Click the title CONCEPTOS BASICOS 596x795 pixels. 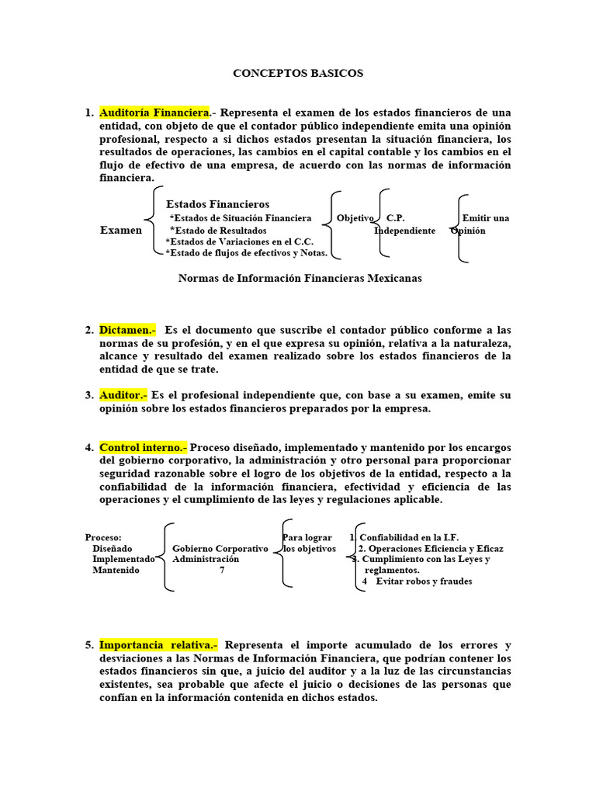(x=298, y=73)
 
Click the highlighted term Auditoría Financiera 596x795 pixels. (x=154, y=113)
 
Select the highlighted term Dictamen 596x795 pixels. (x=126, y=329)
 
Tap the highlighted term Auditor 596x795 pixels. (x=123, y=395)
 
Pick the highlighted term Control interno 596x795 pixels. (x=143, y=447)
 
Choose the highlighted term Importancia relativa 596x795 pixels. (x=158, y=645)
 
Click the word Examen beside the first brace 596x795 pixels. (x=121, y=231)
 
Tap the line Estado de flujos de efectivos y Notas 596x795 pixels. (x=246, y=253)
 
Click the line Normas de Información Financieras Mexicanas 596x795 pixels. (x=300, y=279)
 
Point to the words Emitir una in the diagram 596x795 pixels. (x=486, y=218)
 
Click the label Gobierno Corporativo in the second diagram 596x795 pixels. (x=220, y=549)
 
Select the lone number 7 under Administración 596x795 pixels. (x=222, y=570)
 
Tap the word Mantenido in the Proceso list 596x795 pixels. (x=116, y=570)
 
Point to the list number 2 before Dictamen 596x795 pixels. (x=89, y=330)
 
